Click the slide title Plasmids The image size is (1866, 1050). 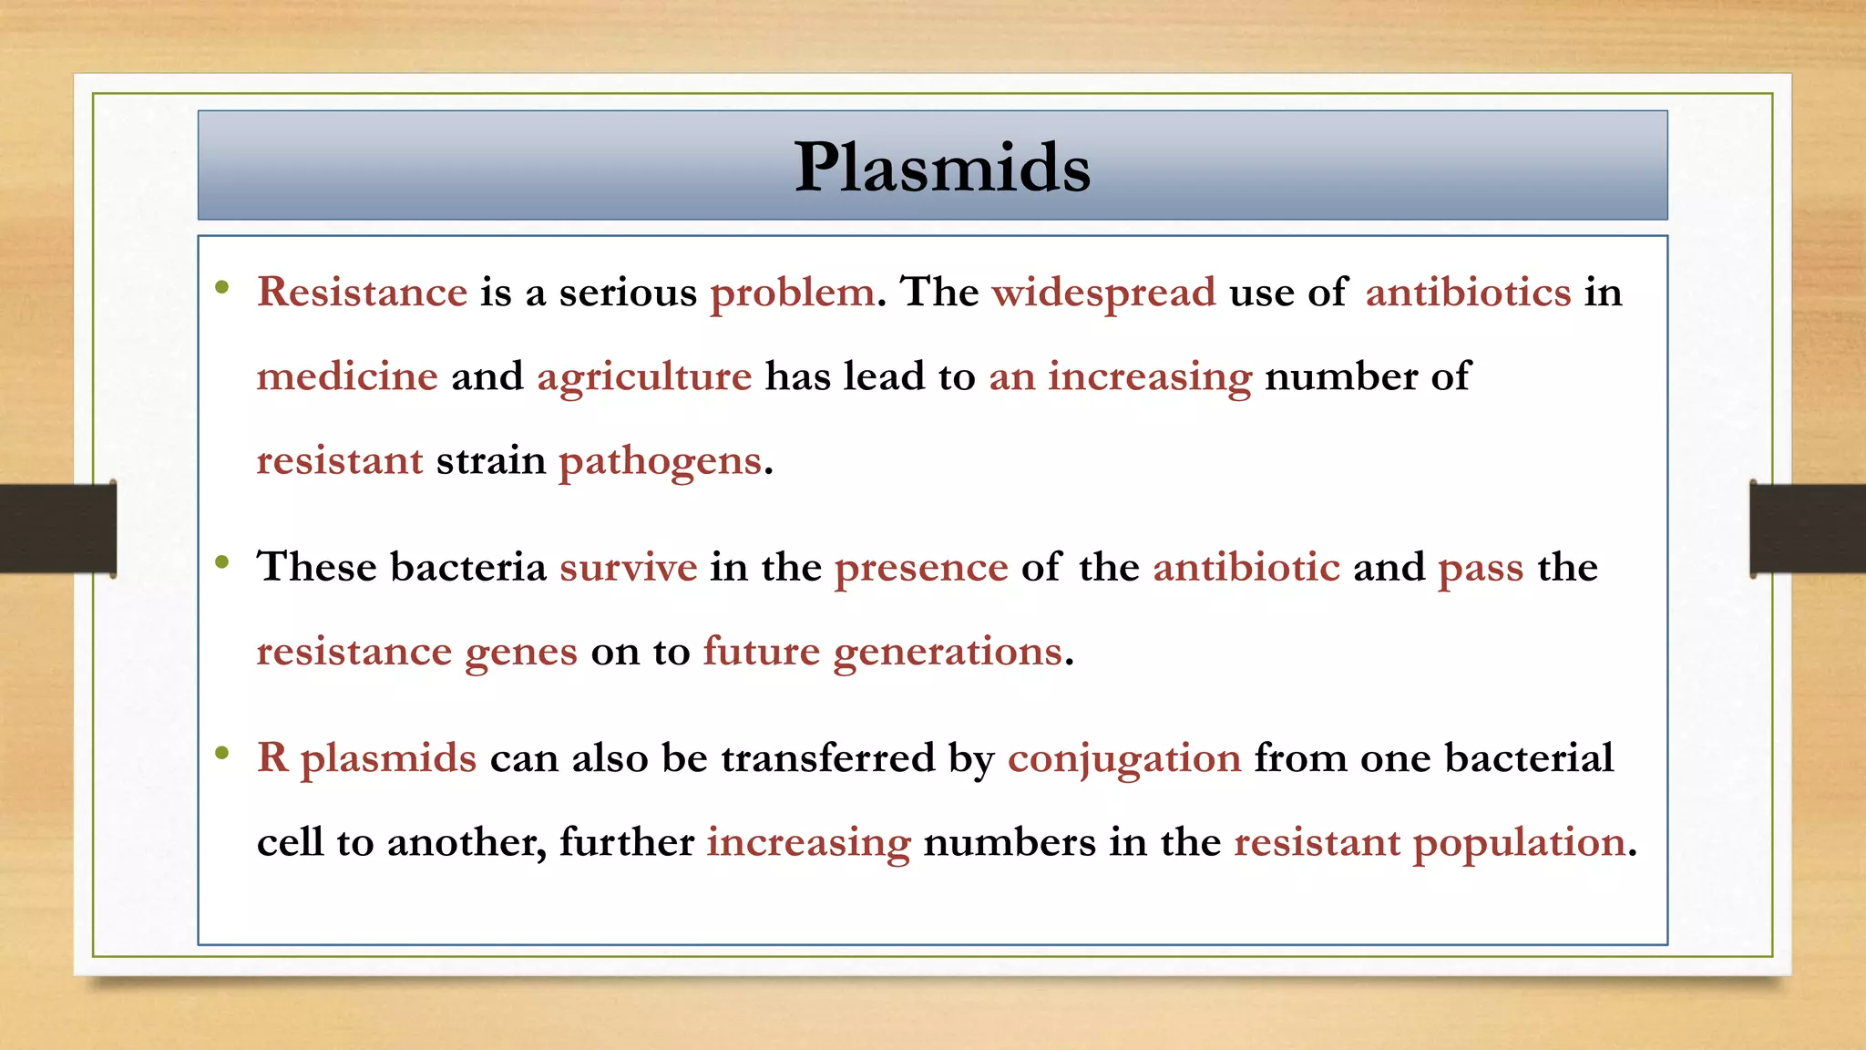[x=942, y=168]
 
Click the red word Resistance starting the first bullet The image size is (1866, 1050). [x=362, y=293]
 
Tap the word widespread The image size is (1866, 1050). [x=1103, y=293]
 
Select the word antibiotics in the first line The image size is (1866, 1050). [x=1467, y=293]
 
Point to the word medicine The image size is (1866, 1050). [x=347, y=376]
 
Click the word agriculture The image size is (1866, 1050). [x=644, y=376]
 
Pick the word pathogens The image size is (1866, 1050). [x=660, y=461]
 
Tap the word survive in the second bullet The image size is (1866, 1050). [x=628, y=568]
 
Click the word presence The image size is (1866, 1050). [x=921, y=568]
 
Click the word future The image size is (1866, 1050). [x=762, y=652]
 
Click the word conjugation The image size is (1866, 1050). [x=1123, y=758]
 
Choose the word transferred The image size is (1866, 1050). [x=827, y=758]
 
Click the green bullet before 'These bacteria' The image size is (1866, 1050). [x=222, y=562]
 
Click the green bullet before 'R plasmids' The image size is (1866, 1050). [x=222, y=753]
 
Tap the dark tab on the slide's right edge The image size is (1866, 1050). [x=1808, y=529]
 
